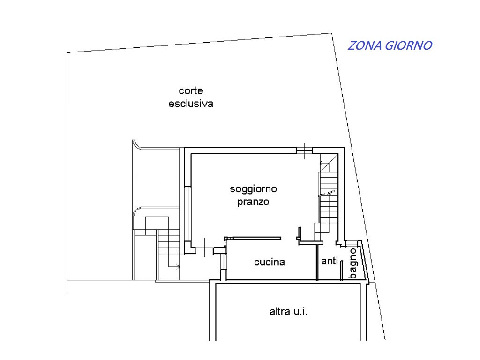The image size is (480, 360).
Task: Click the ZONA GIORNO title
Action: pyautogui.click(x=390, y=46)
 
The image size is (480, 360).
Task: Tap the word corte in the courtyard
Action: pyautogui.click(x=190, y=90)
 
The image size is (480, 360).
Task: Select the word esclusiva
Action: pyautogui.click(x=190, y=104)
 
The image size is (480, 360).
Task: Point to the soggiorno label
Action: pyautogui.click(x=253, y=189)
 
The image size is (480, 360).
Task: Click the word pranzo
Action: pyautogui.click(x=253, y=202)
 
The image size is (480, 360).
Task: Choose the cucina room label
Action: pyautogui.click(x=269, y=262)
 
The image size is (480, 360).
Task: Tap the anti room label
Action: pyautogui.click(x=329, y=262)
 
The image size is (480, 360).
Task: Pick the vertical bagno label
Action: pyautogui.click(x=353, y=263)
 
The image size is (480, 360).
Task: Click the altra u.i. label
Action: pyautogui.click(x=288, y=311)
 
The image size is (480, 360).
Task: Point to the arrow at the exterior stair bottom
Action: pyautogui.click(x=176, y=267)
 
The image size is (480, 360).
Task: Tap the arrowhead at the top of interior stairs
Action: pyautogui.click(x=322, y=163)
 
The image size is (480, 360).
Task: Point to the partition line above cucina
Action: pyautogui.click(x=253, y=238)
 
